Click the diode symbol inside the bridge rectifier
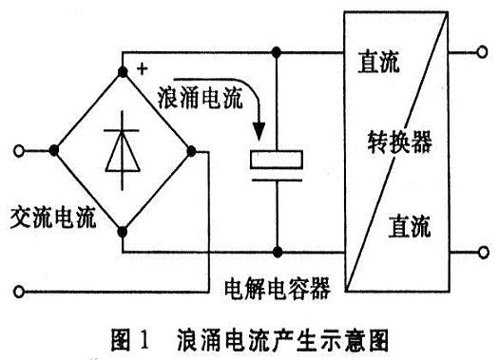123,151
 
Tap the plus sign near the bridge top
143,68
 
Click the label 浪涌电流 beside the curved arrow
200,98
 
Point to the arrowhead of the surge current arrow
259,132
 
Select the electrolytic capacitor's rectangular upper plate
277,160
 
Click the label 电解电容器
277,289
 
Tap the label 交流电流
53,218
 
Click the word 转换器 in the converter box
400,142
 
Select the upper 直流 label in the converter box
378,62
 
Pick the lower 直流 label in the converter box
410,226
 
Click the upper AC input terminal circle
19,151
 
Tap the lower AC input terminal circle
19,292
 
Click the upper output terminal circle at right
482,52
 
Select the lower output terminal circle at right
484,253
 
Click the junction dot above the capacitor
277,52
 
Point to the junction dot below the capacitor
278,253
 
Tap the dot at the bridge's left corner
54,150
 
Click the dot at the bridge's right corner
191,151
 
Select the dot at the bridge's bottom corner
123,232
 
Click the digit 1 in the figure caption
144,340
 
